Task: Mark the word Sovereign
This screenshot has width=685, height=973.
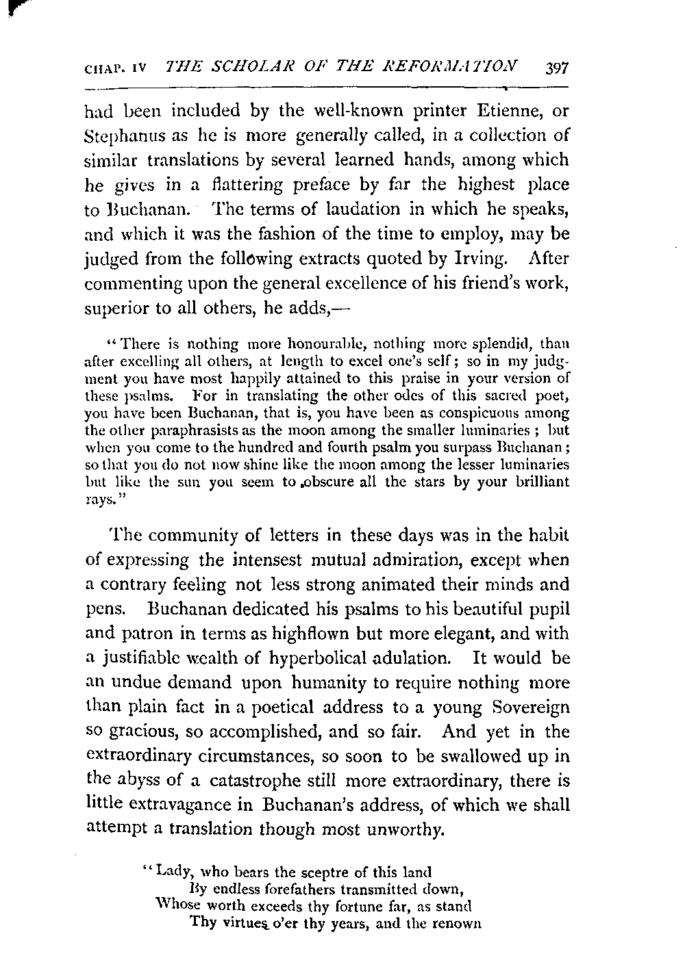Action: (x=530, y=707)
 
